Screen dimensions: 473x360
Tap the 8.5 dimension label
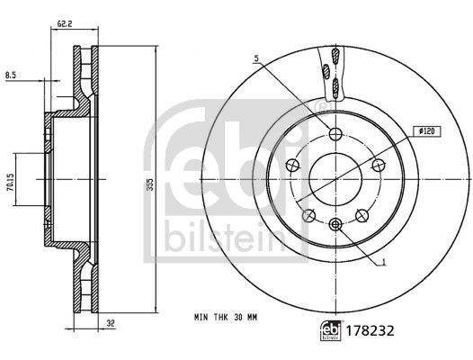tap(11, 76)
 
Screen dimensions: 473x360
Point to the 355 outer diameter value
tap(150, 184)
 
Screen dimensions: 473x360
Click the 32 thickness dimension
tap(111, 323)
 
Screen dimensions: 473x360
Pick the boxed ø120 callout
tap(427, 131)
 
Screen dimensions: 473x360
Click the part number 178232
tap(370, 330)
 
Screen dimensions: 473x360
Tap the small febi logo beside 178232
tap(331, 330)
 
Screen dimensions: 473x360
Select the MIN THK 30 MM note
tap(226, 318)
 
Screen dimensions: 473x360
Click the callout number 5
tap(256, 58)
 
